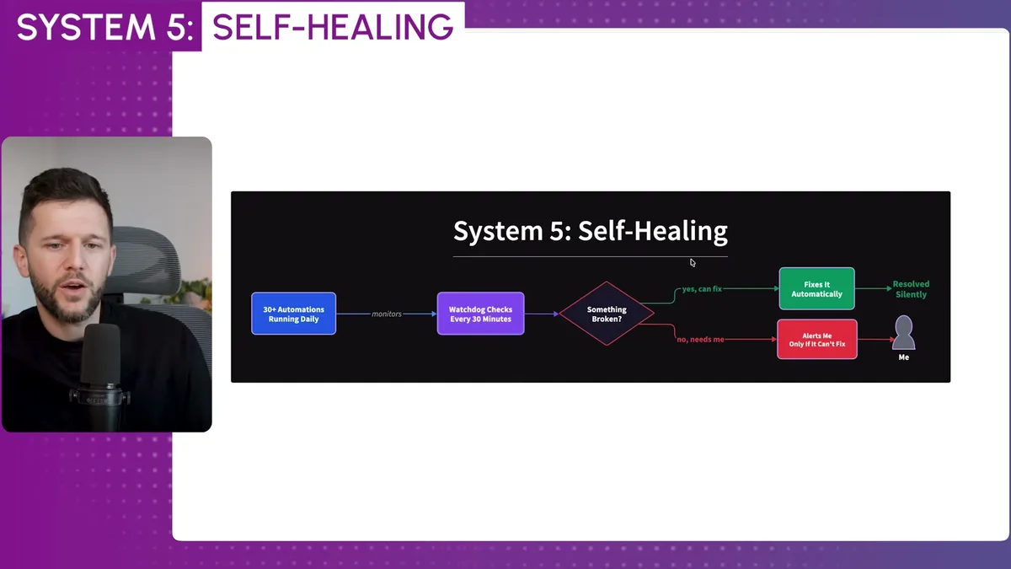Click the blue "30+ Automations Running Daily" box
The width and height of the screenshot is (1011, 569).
point(293,314)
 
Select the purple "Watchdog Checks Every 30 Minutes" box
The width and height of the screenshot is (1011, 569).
point(480,314)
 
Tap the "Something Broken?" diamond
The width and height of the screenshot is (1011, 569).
point(607,314)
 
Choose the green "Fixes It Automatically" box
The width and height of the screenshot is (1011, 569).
point(816,289)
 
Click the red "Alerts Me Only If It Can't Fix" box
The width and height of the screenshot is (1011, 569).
point(816,340)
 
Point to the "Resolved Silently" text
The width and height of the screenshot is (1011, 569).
point(911,289)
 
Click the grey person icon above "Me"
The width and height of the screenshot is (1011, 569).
point(903,332)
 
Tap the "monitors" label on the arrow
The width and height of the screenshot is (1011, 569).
point(387,314)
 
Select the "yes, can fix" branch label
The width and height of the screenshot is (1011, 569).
point(701,289)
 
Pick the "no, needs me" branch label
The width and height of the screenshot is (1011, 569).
point(699,340)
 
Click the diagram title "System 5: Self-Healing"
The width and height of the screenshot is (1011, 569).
point(590,231)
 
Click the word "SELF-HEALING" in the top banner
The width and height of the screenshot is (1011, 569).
point(332,27)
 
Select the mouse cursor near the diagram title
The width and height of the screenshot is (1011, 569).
point(693,262)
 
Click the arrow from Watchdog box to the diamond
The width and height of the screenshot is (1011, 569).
point(541,314)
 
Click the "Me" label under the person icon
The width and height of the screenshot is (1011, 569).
point(903,357)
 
